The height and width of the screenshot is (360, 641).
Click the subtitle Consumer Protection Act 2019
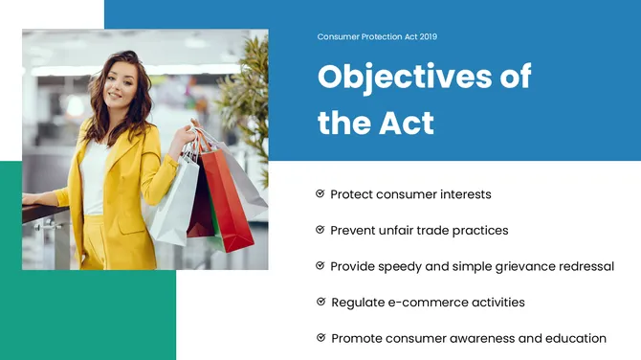pos(376,36)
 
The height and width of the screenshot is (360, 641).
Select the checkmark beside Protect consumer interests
pos(320,194)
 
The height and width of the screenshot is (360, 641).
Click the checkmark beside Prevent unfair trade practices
pos(320,230)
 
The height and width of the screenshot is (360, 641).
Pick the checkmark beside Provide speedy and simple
pos(320,266)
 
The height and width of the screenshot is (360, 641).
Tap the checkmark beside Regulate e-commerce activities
pos(320,302)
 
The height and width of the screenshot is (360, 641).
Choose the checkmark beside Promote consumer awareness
pos(320,338)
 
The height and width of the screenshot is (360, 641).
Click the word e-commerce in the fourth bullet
pos(425,303)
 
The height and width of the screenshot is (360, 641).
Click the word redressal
pos(585,266)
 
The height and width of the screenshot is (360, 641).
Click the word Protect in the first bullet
pos(351,194)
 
